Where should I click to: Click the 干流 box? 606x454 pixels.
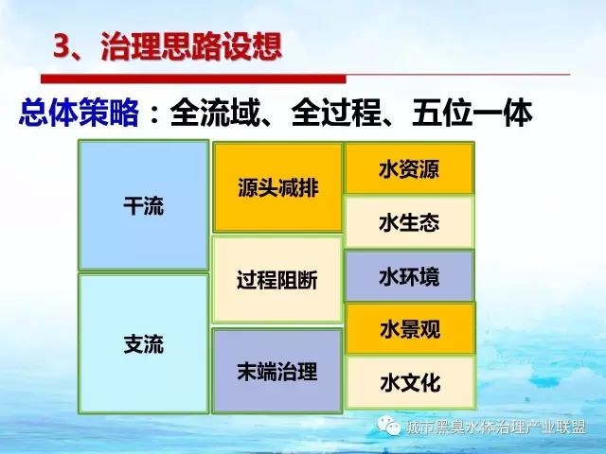pos(143,205)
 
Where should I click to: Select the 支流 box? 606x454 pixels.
pos(143,343)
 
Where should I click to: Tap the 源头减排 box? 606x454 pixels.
pos(277,187)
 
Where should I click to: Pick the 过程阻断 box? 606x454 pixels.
pos(277,280)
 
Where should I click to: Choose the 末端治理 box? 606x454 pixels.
pos(277,371)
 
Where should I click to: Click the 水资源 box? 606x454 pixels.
pos(409,168)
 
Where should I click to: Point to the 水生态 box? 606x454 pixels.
pos(409,222)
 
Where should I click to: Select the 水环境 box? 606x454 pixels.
pos(409,276)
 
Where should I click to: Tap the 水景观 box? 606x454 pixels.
pos(410,329)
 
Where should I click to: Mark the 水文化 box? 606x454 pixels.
pos(410,382)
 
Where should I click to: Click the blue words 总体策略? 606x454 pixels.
pos(79,112)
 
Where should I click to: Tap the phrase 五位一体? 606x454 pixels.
pos(472,113)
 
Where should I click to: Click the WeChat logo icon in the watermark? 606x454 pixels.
pos(389,425)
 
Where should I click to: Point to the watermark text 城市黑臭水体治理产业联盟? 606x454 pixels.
pos(496,427)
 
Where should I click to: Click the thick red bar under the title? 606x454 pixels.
pos(193,79)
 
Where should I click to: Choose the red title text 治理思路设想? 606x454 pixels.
pos(191,46)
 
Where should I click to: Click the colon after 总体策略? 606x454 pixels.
pos(154,113)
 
